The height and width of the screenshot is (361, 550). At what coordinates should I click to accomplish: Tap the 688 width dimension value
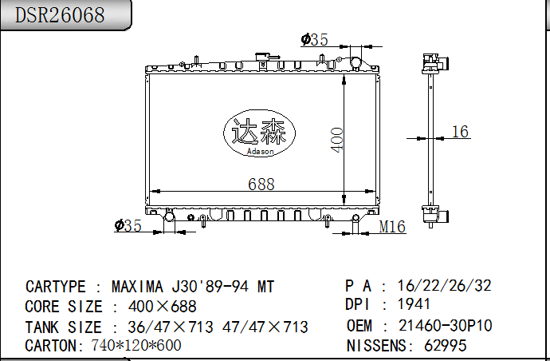pyautogui.click(x=261, y=184)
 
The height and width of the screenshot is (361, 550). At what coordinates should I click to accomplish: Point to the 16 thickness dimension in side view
pyautogui.click(x=460, y=132)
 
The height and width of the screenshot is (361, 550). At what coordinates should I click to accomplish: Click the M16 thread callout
pyautogui.click(x=391, y=228)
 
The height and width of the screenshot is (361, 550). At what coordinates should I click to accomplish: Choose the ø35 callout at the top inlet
pyautogui.click(x=314, y=39)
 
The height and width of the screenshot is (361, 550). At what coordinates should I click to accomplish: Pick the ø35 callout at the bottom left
pyautogui.click(x=128, y=226)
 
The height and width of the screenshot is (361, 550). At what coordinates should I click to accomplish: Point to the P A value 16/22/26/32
pyautogui.click(x=444, y=285)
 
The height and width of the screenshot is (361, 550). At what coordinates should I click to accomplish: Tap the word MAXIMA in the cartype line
pyautogui.click(x=137, y=287)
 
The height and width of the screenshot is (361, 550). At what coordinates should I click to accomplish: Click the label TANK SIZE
pyautogui.click(x=63, y=327)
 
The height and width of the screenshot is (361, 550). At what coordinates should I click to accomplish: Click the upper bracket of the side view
pyautogui.click(x=434, y=63)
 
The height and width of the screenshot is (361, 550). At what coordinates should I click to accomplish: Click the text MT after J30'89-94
pyautogui.click(x=265, y=287)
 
